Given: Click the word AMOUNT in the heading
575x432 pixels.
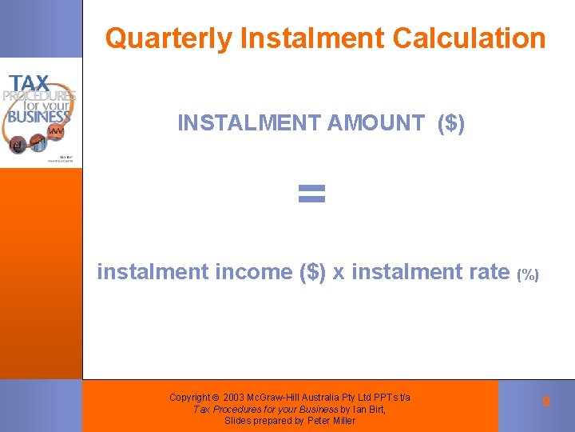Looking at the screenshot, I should click(375, 123).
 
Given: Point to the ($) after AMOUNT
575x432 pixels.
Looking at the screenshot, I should click(451, 123).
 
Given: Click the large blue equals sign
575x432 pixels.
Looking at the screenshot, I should click(311, 192).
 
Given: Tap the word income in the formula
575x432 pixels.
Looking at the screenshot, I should click(255, 272).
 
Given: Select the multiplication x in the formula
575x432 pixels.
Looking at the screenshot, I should click(339, 272).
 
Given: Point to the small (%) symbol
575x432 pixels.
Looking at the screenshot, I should click(528, 275).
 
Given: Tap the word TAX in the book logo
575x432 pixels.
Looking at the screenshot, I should click(30, 83).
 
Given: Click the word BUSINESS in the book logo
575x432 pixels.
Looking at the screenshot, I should click(39, 117).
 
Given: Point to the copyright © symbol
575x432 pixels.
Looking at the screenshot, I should click(216, 398).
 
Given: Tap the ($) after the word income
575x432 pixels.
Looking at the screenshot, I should click(311, 272).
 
